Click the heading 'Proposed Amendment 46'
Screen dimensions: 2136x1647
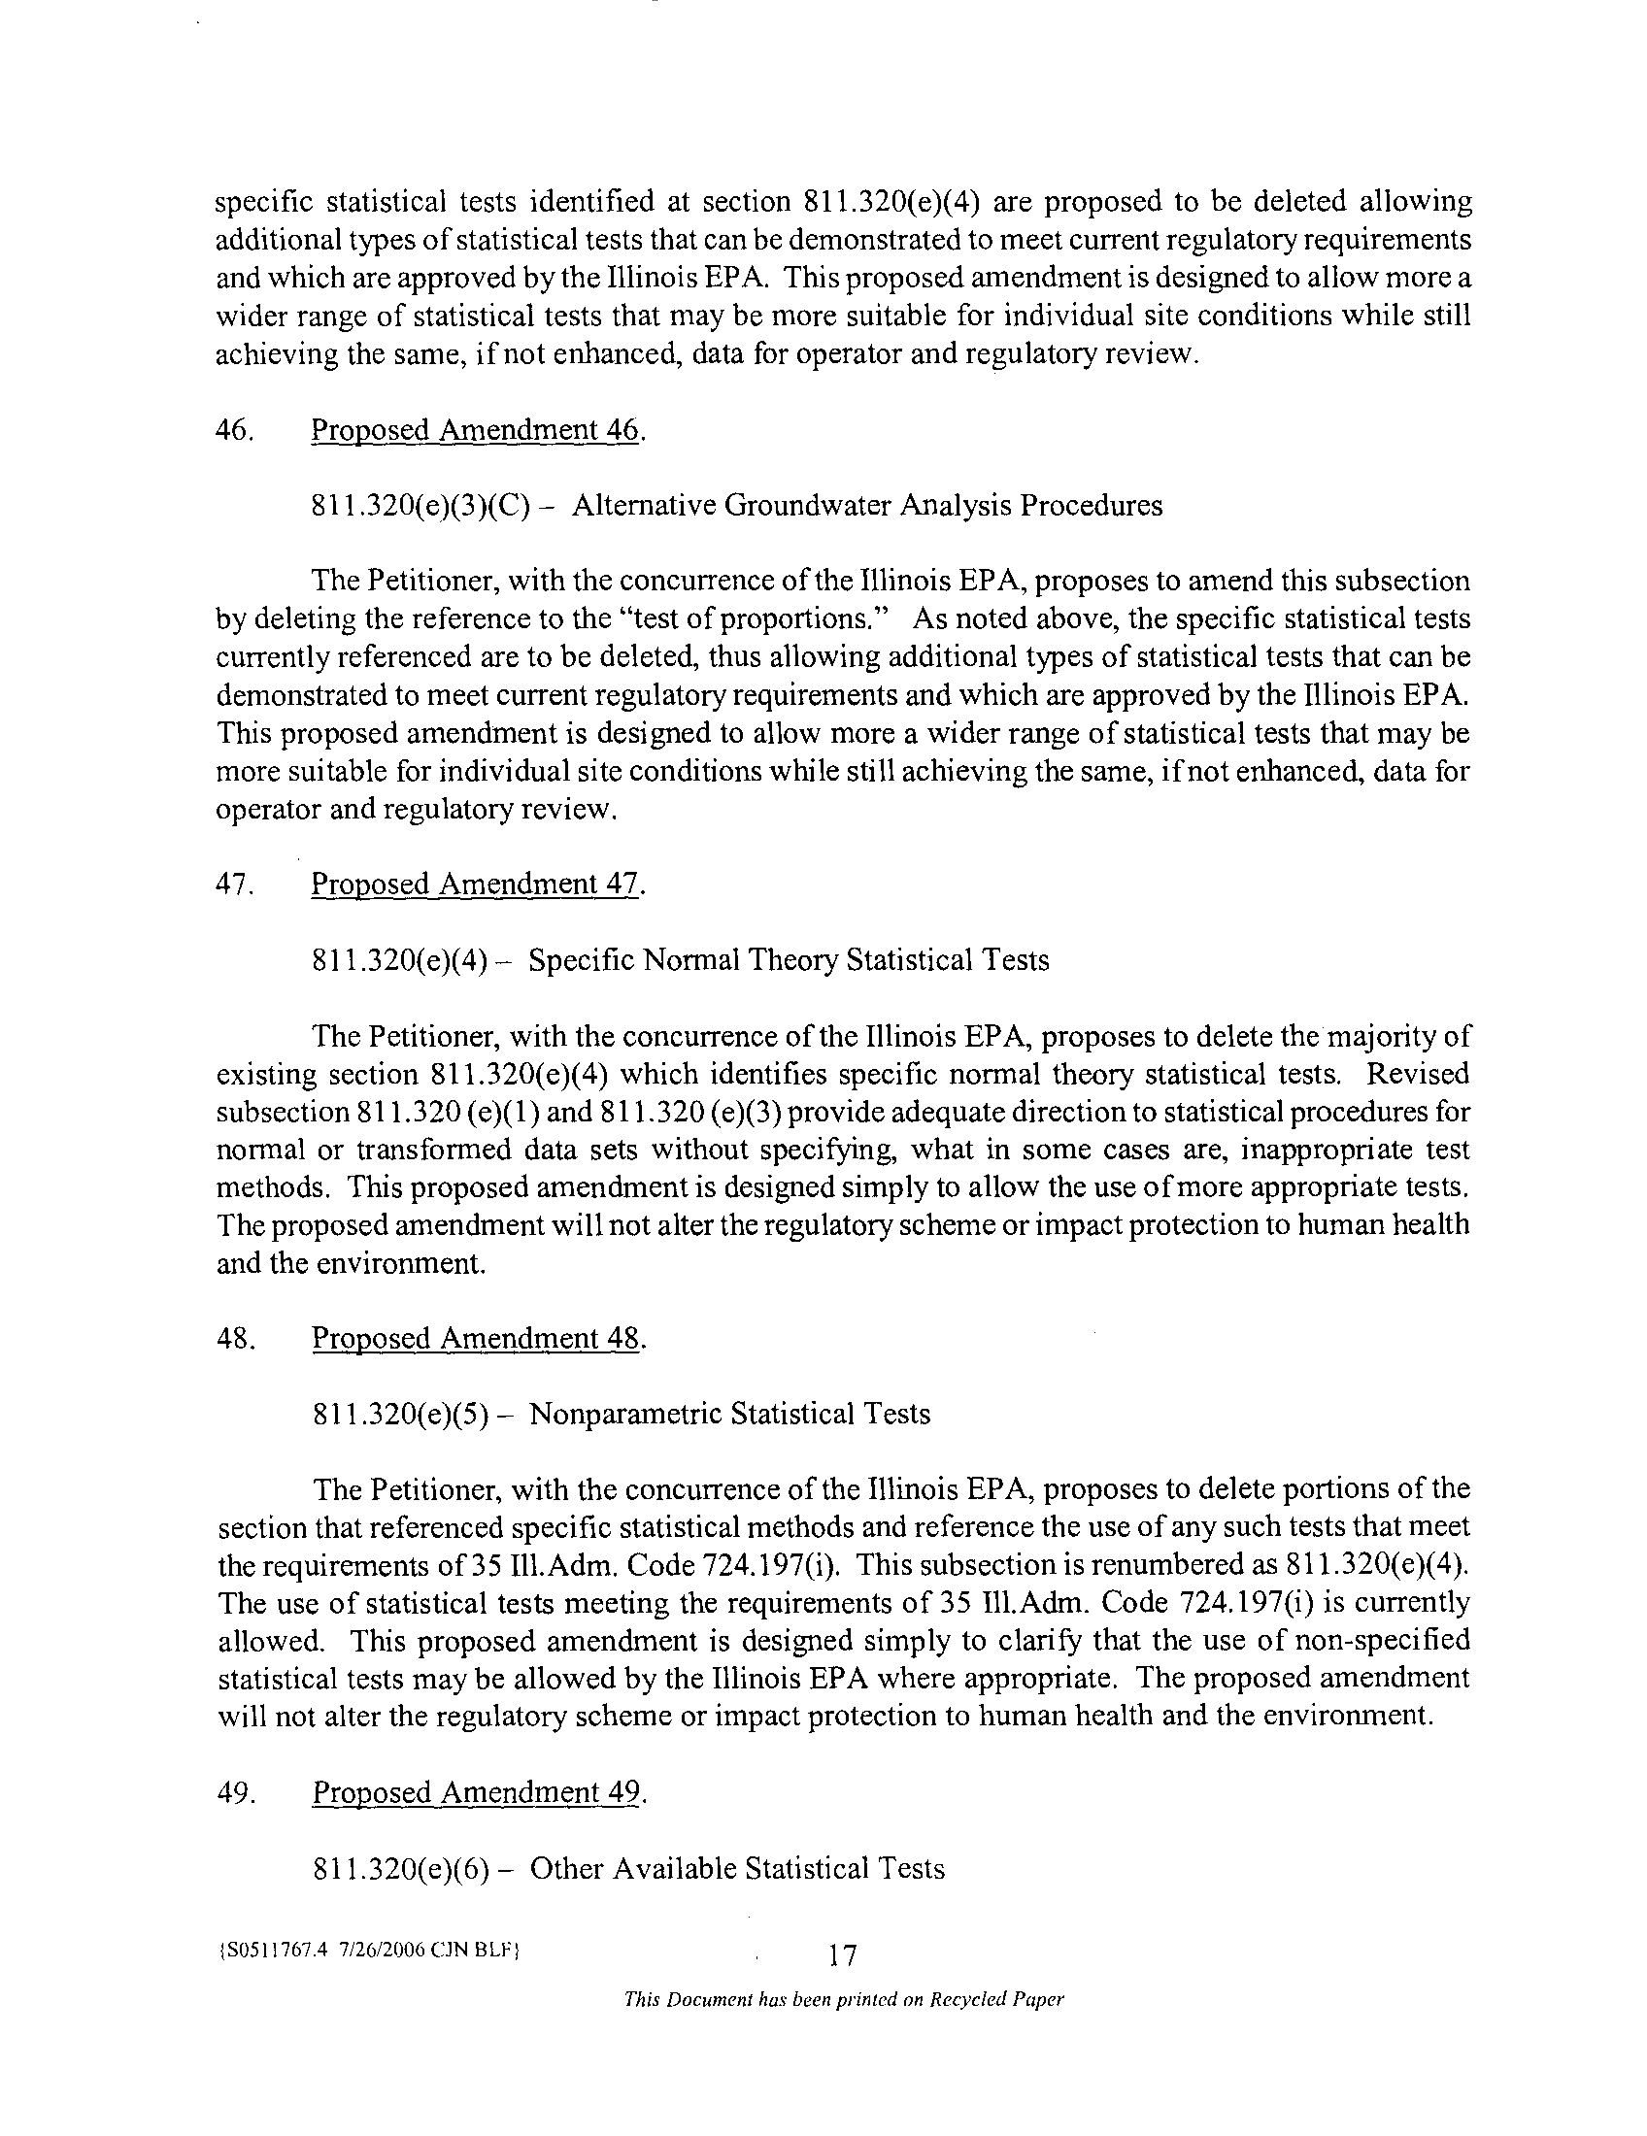point(476,430)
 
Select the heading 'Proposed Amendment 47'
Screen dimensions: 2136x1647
point(476,884)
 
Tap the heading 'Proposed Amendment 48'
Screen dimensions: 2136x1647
point(477,1338)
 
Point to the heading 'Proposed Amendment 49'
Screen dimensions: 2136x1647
point(477,1791)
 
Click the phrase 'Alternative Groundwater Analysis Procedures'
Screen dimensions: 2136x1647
point(867,506)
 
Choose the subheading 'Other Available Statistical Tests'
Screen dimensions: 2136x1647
point(737,1868)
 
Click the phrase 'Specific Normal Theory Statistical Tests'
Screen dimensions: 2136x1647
point(789,959)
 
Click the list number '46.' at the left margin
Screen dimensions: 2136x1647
point(235,430)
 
